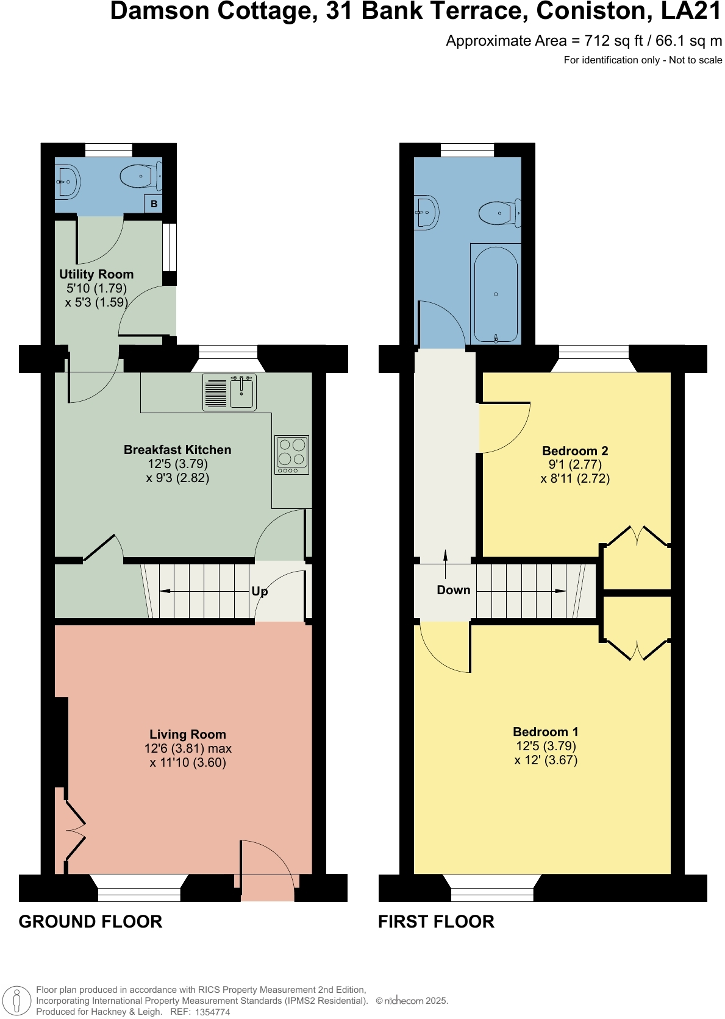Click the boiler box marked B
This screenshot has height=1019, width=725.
click(154, 204)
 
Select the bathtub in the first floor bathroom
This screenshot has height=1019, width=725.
click(496, 294)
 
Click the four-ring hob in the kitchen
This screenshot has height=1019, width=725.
click(291, 454)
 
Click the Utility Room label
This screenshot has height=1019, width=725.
click(96, 274)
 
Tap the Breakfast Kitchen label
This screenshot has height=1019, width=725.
click(177, 450)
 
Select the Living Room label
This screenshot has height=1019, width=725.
click(188, 734)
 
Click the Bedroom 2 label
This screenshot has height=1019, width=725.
click(575, 451)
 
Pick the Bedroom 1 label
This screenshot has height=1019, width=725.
click(545, 732)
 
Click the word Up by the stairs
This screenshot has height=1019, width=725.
click(260, 591)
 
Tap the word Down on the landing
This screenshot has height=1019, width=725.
click(454, 590)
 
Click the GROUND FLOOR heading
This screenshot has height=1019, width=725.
click(90, 921)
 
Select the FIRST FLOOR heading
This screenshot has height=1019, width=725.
click(436, 921)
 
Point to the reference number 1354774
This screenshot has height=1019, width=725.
click(212, 1012)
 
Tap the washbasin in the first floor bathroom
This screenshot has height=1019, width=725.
click(426, 213)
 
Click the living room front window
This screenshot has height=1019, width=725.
click(139, 889)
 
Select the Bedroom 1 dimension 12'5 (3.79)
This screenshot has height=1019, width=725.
click(546, 746)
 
